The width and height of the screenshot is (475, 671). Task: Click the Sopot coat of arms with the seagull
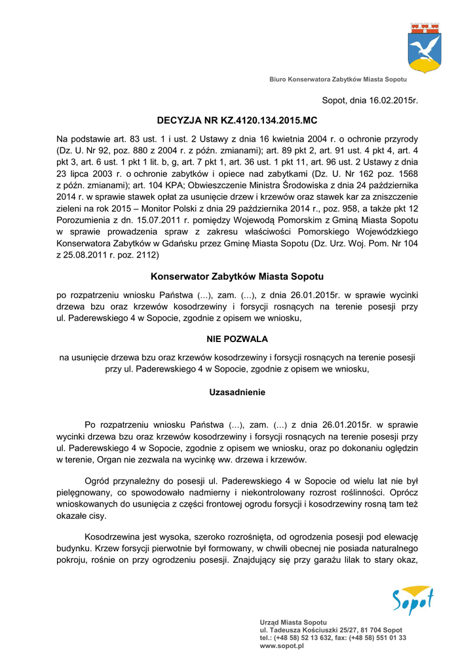tap(424, 47)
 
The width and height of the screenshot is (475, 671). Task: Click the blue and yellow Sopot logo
tap(413, 601)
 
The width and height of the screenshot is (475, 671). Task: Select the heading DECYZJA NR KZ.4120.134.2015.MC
tap(237, 121)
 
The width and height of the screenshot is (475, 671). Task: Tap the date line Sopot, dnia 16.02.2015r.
tap(370, 100)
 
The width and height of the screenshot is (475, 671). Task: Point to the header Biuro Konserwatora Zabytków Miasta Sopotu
tap(338, 79)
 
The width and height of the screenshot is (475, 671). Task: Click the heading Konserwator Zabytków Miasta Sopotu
tap(237, 277)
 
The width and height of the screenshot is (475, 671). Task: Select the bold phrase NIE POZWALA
tap(237, 339)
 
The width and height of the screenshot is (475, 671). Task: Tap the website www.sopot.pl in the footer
tap(282, 645)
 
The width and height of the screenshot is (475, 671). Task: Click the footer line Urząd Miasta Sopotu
tap(294, 622)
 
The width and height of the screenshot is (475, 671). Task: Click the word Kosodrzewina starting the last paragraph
tap(114, 536)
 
